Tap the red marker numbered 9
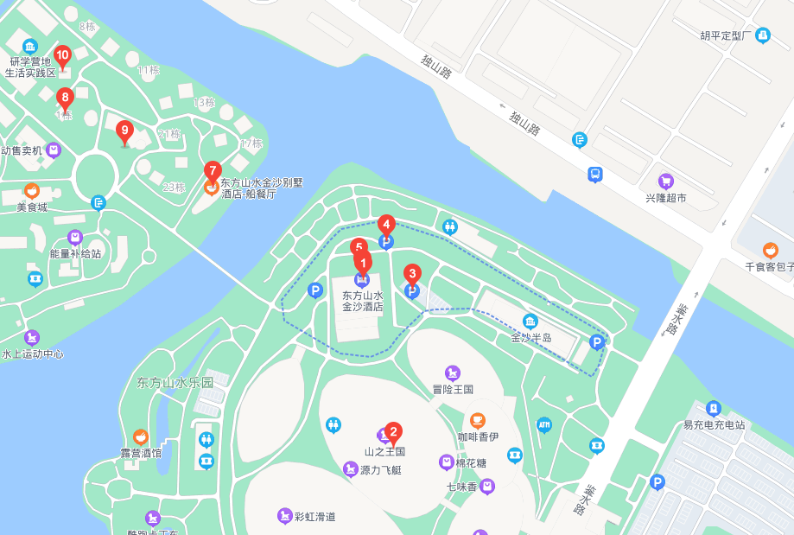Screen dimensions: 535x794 click(124, 132)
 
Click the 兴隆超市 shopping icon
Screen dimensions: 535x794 click(665, 182)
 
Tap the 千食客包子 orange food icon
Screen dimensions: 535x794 click(771, 251)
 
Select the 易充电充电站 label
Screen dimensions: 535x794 click(714, 424)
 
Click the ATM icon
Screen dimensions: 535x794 click(543, 424)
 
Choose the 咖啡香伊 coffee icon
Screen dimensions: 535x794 click(478, 421)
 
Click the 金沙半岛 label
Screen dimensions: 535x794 click(530, 337)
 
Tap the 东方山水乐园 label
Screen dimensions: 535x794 click(175, 382)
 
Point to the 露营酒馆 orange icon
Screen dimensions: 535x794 click(141, 436)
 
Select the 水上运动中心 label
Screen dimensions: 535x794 click(33, 353)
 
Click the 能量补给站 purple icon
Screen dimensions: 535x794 click(75, 237)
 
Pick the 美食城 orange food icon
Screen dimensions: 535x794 click(32, 191)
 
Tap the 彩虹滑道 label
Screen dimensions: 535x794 click(314, 517)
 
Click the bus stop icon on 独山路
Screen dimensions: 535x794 click(595, 175)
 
